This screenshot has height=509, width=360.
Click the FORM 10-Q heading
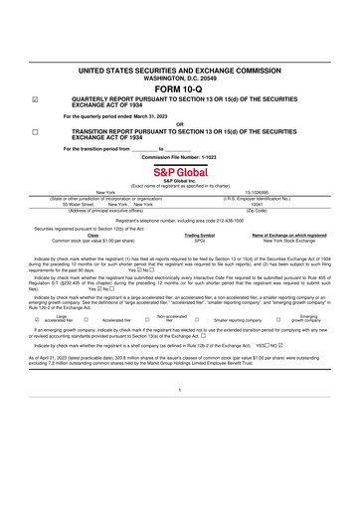179,89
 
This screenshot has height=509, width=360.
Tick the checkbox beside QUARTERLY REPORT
35,100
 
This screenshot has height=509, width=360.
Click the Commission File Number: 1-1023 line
179,156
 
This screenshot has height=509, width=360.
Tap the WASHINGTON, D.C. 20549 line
179,78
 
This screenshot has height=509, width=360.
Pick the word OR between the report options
179,123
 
